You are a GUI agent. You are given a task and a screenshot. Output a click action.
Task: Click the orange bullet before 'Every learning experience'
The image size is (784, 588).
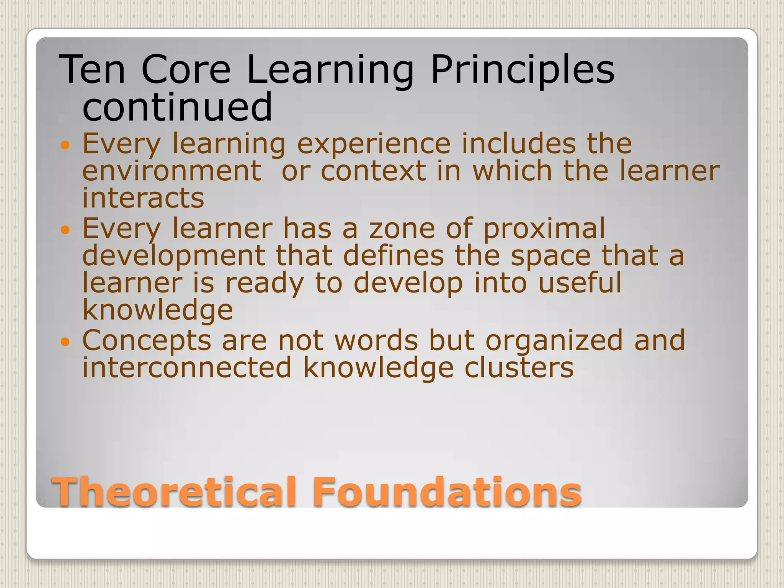[x=66, y=145]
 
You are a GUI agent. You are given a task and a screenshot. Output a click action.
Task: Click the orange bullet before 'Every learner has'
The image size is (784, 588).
[x=66, y=230]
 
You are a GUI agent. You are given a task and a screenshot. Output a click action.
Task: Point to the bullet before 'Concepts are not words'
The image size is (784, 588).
[x=66, y=342]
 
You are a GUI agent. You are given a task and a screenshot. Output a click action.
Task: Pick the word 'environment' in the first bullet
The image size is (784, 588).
[x=172, y=171]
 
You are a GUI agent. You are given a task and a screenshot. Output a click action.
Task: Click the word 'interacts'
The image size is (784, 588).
[x=143, y=198]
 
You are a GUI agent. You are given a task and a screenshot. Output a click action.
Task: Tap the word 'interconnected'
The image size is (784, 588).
[x=187, y=367]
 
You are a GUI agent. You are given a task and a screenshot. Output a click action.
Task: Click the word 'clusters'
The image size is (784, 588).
[x=519, y=367]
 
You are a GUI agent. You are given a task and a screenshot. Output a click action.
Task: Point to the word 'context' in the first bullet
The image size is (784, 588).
[x=373, y=171]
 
